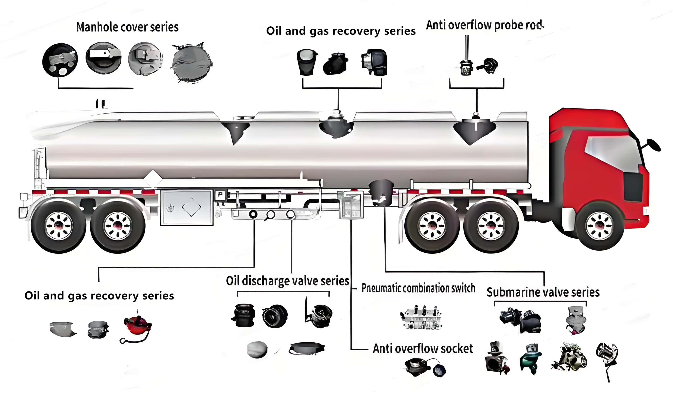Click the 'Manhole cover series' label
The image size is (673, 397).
pyautogui.click(x=127, y=27)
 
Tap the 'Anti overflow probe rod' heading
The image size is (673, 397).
pyautogui.click(x=484, y=25)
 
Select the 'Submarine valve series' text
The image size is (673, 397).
pyautogui.click(x=543, y=292)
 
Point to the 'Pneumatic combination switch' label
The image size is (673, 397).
pyautogui.click(x=418, y=288)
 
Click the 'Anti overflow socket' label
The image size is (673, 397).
pyautogui.click(x=423, y=349)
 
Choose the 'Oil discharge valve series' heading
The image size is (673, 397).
pyautogui.click(x=287, y=281)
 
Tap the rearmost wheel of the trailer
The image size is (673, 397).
pyautogui.click(x=58, y=226)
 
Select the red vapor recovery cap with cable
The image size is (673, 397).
pyautogui.click(x=137, y=326)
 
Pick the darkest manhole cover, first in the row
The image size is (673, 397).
pyautogui.click(x=60, y=60)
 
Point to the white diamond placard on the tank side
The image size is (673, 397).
pyautogui.click(x=153, y=178)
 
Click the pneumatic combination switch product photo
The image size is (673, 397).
pyautogui.click(x=421, y=318)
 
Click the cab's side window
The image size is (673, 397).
pyautogui.click(x=612, y=153)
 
